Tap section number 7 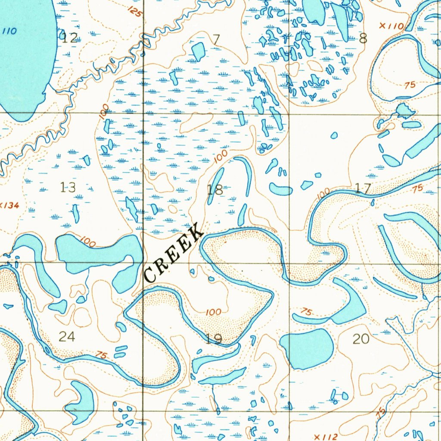point(216,39)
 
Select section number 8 point(363,39)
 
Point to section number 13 point(68,187)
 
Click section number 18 point(215,189)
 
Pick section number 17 point(363,188)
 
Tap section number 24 point(67,336)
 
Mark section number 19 point(214,339)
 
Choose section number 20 point(361,339)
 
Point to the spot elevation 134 point(10,206)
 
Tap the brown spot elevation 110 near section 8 point(391,26)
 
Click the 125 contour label point(135,12)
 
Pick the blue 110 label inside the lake point(9,31)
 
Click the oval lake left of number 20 point(307,348)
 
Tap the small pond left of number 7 point(198,51)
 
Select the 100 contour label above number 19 point(214,312)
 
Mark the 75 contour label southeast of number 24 point(102,355)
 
